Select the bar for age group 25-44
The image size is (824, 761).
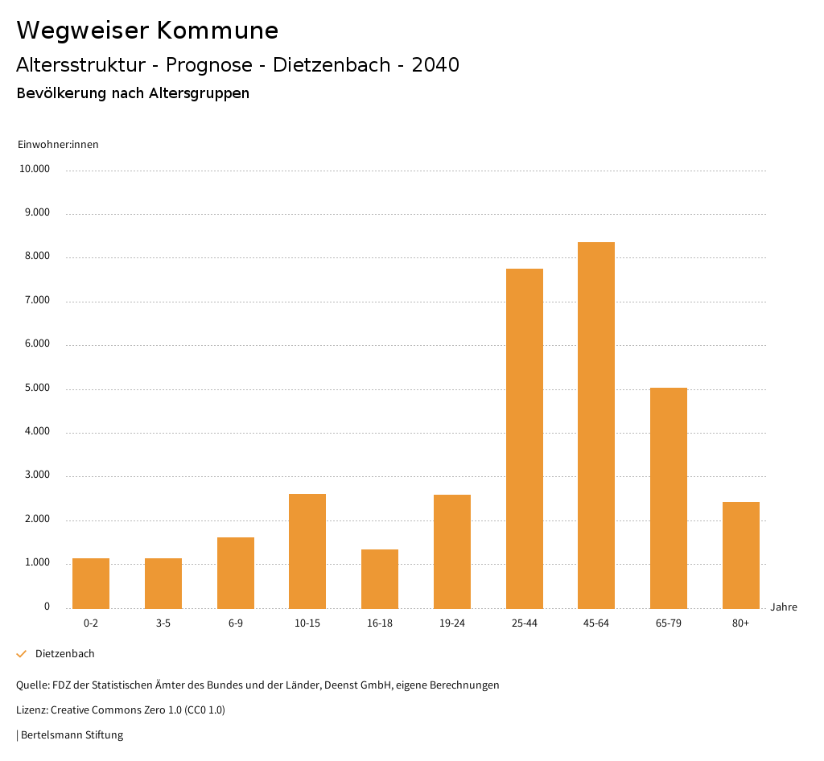point(525,438)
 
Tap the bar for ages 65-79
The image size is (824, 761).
point(669,498)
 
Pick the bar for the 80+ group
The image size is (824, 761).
point(741,555)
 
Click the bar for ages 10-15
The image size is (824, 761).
point(307,551)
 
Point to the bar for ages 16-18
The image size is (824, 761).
point(380,578)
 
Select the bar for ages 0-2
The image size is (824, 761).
point(91,583)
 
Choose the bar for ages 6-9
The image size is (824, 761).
point(236,573)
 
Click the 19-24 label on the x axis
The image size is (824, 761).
point(452,623)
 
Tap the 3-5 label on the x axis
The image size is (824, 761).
point(163,623)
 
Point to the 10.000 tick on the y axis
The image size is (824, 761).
point(35,170)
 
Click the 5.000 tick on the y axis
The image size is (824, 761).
point(37,389)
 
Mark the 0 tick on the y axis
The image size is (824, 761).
point(47,607)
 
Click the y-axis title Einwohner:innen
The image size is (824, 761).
point(58,145)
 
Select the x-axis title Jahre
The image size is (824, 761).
point(784,607)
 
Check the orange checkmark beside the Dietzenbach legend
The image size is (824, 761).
point(22,654)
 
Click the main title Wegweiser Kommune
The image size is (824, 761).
point(147,31)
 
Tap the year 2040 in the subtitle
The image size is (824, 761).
point(435,65)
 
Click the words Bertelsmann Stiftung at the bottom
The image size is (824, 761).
point(72,735)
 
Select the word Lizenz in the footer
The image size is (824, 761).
point(31,710)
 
